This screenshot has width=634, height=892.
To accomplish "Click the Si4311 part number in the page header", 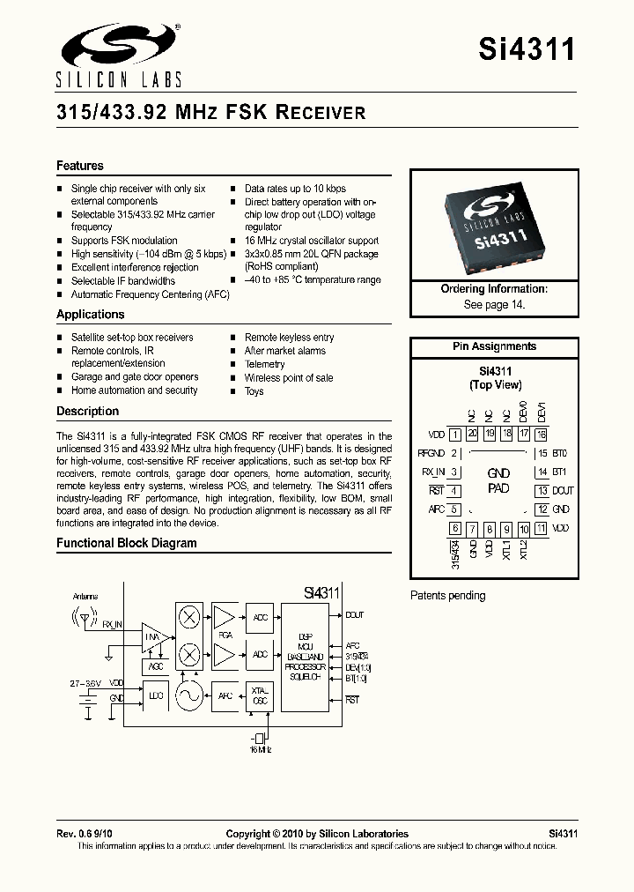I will click(x=527, y=49).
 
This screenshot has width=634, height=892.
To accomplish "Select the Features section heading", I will click(x=80, y=166).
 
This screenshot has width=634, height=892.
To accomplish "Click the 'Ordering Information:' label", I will click(x=494, y=289).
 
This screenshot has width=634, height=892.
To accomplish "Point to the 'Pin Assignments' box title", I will click(x=494, y=346).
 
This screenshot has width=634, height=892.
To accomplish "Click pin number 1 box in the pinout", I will click(x=454, y=434).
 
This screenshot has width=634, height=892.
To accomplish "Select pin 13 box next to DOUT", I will click(x=542, y=491).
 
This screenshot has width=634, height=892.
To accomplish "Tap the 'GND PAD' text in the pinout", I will click(x=498, y=481).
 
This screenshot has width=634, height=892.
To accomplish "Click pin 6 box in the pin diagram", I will click(x=454, y=529).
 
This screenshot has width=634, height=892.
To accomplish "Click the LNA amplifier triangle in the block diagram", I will click(x=155, y=636).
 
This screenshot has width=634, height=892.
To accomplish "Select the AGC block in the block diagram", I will click(x=156, y=666).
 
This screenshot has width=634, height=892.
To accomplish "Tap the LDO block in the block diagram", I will click(x=156, y=696).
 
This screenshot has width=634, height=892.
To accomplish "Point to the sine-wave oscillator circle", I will click(x=188, y=696).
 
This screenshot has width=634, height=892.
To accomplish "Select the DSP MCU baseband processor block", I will click(x=305, y=658).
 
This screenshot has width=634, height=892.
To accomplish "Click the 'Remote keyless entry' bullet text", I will click(x=289, y=338).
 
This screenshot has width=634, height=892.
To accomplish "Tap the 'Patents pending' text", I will click(x=447, y=596).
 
